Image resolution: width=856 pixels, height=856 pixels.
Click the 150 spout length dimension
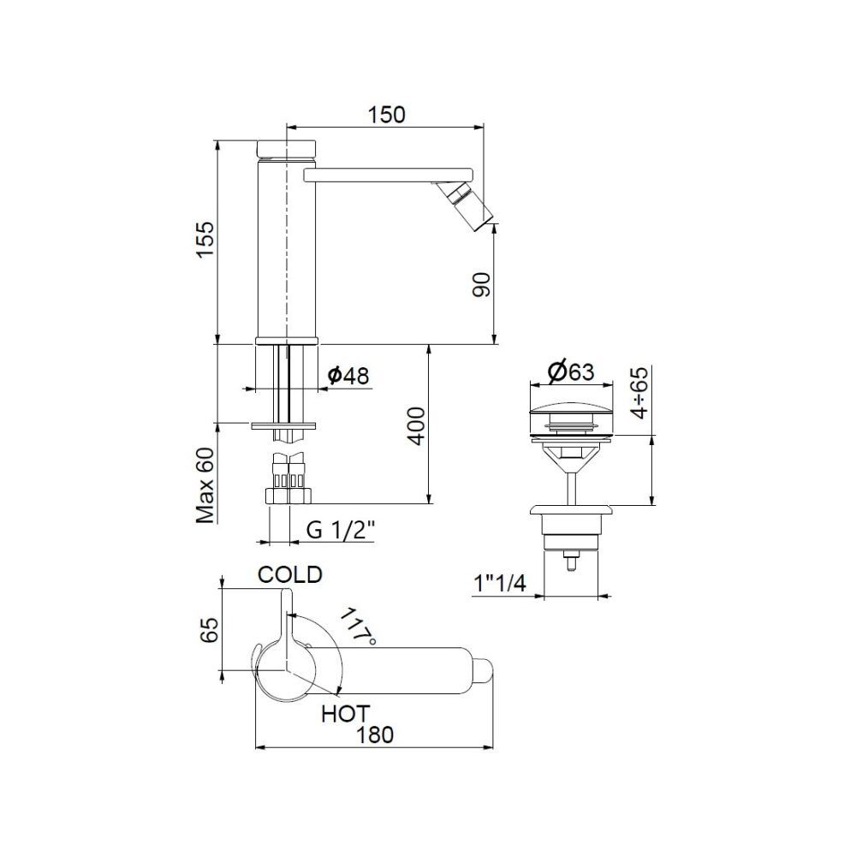387,114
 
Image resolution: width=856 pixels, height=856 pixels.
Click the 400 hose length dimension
415,425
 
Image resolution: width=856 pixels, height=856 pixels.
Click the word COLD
291,574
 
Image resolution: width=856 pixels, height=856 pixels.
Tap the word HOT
345,712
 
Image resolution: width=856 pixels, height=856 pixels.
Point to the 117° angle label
357,627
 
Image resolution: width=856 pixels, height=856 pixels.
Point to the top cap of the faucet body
288,147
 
